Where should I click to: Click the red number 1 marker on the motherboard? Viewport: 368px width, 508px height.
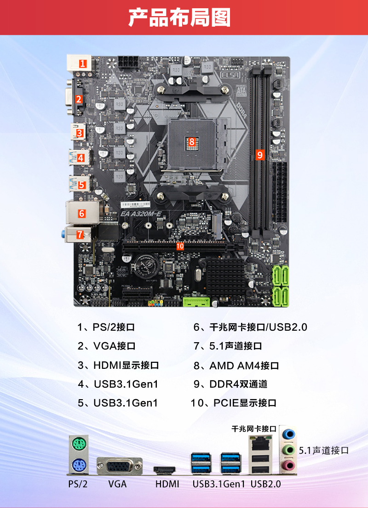pos(83,63)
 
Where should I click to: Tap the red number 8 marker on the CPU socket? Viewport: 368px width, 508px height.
pos(192,141)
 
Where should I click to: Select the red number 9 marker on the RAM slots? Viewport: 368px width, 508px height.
pos(259,155)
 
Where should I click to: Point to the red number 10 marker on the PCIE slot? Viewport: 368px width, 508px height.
pos(180,246)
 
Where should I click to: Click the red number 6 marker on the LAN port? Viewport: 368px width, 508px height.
pos(82,213)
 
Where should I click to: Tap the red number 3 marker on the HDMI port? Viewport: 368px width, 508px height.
pos(80,133)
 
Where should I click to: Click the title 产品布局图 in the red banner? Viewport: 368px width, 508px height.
pos(179,17)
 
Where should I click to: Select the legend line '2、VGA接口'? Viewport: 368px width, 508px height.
pos(106,346)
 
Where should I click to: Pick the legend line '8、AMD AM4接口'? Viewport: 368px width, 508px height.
pos(236,366)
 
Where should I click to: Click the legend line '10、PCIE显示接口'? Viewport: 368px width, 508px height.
pos(233,403)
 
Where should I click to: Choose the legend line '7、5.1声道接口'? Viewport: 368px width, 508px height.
pos(228,346)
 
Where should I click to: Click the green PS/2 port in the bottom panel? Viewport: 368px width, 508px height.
pos(79,444)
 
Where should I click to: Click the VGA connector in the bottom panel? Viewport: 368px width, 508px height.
pos(120,466)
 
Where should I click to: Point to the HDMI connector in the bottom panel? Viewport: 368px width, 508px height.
pos(164,470)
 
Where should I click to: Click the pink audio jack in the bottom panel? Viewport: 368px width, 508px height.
pos(288,466)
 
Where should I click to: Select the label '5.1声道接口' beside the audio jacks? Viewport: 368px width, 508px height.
pos(323,450)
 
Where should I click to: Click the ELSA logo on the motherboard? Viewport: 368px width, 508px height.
pos(230,75)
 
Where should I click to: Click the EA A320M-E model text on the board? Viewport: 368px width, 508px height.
pos(141,214)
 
